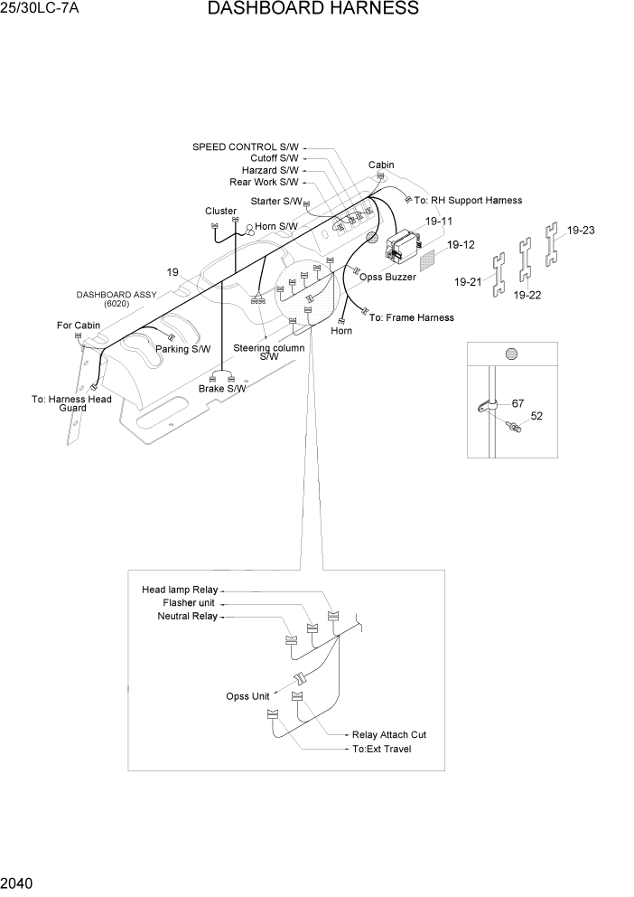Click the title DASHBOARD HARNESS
(312, 10)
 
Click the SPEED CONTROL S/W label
(246, 146)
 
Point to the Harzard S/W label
(269, 170)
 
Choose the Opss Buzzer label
(387, 278)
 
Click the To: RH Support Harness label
(468, 201)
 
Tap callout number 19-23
(581, 231)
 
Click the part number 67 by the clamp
(517, 403)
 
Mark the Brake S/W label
(222, 389)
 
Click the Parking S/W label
(182, 349)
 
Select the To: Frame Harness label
(411, 317)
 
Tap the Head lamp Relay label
(180, 590)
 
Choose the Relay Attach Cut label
(388, 735)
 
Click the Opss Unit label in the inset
(247, 696)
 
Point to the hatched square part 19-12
(434, 256)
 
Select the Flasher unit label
(190, 603)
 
